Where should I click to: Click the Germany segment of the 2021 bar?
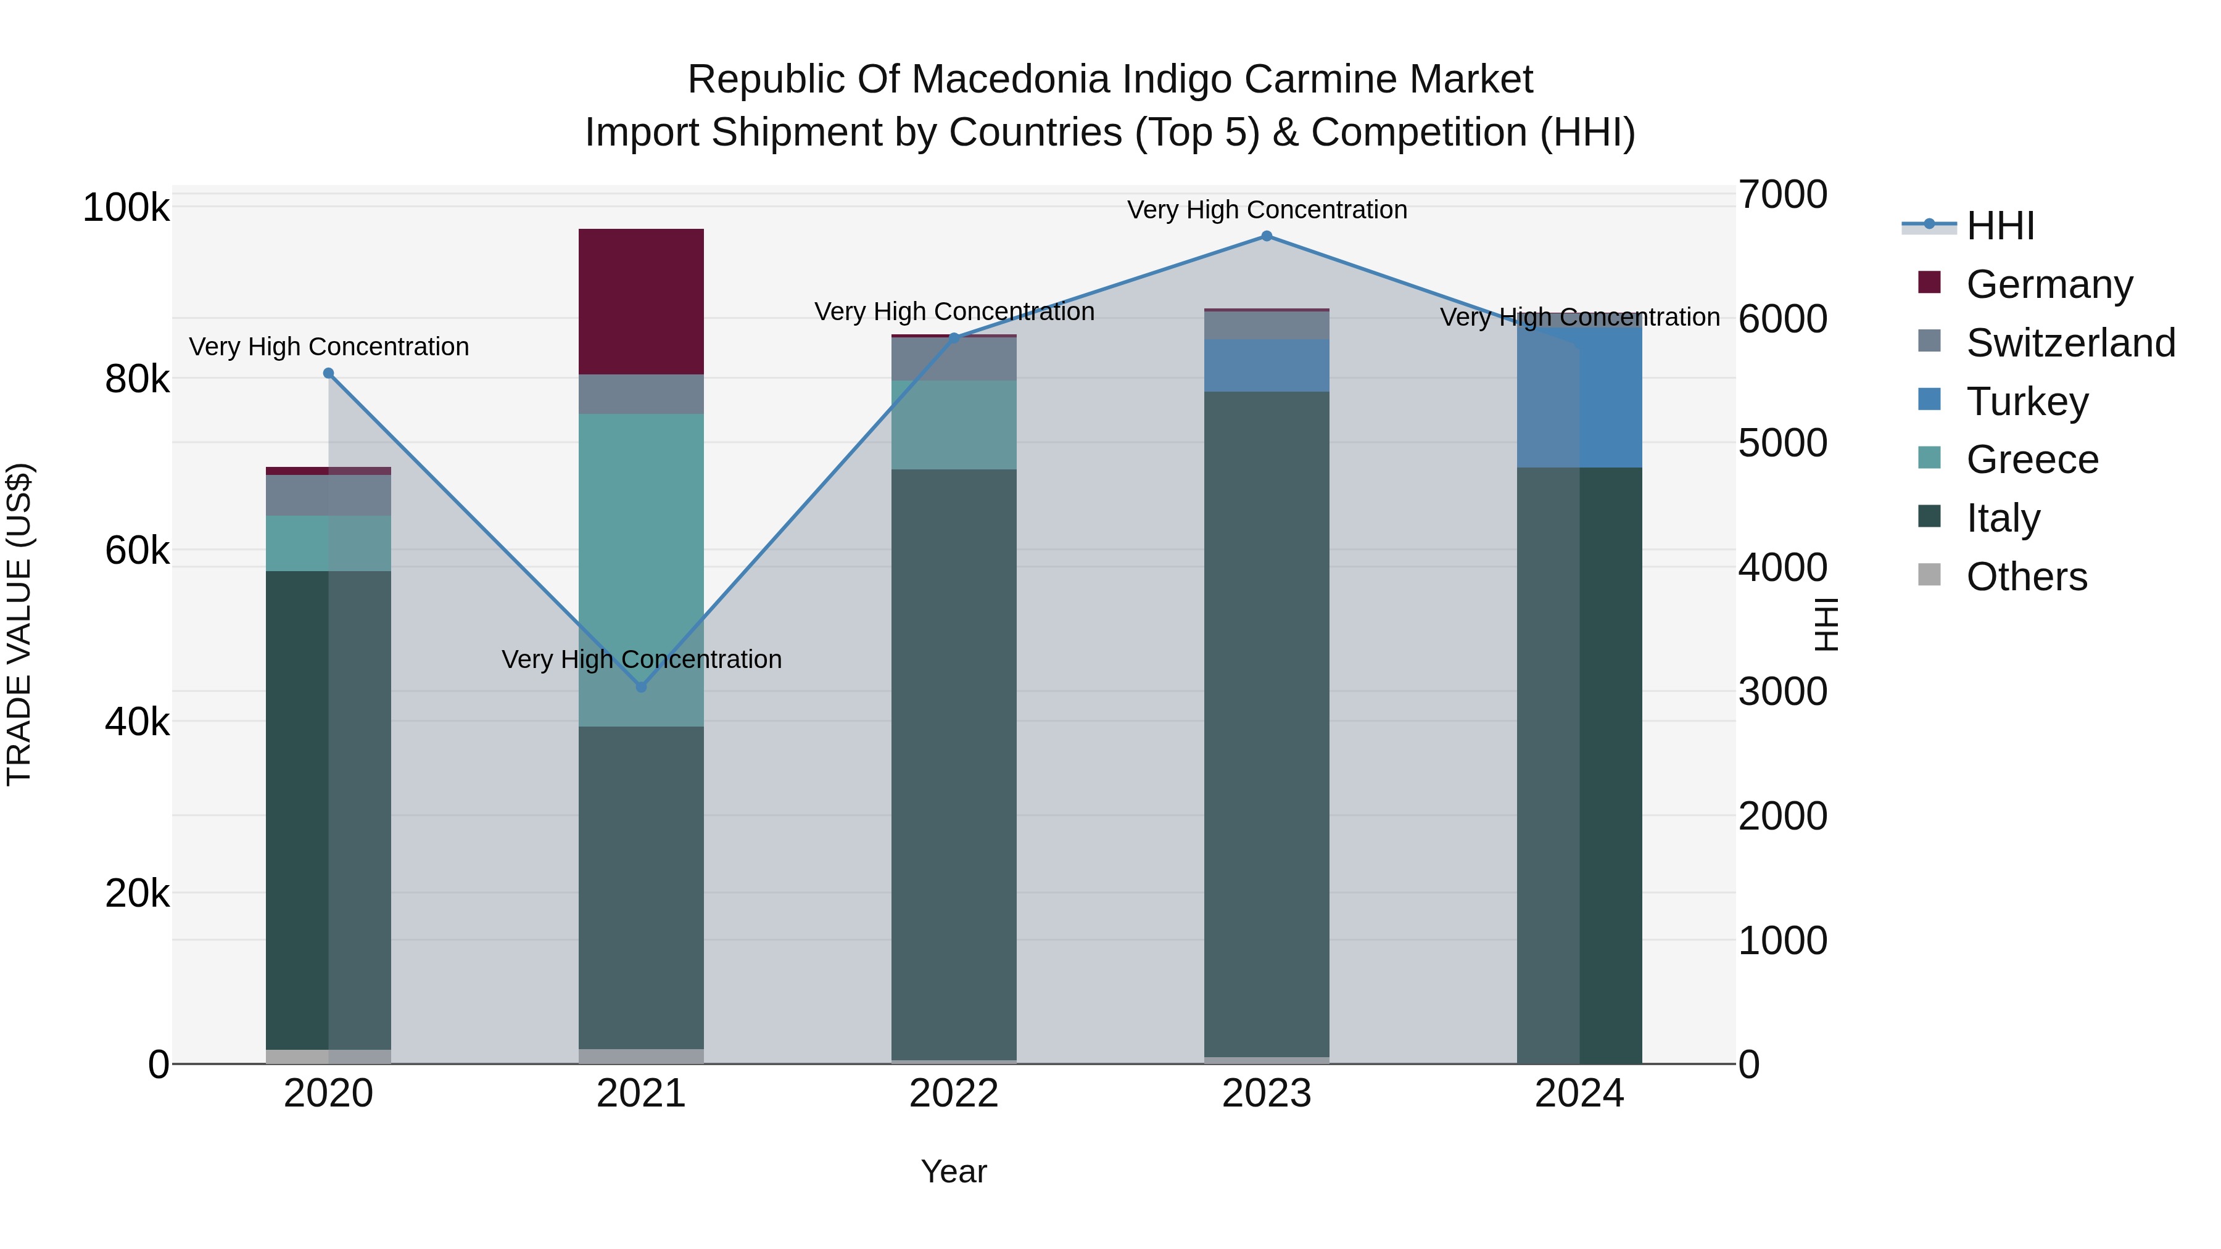[640, 301]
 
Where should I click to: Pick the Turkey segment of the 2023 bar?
[1266, 366]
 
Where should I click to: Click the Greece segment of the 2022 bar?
[954, 425]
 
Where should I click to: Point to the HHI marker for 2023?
[1266, 236]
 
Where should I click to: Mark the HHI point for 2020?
[328, 373]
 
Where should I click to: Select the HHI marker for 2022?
[954, 338]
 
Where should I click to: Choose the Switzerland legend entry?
[2070, 343]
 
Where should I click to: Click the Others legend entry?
[2026, 577]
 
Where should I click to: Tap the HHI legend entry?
[2000, 226]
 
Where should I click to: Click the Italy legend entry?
[2003, 518]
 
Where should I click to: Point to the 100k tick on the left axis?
[126, 208]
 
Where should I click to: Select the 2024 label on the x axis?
[1579, 1094]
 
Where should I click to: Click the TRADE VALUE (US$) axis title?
[19, 624]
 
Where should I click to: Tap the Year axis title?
[954, 1171]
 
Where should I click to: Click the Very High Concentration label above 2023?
[1266, 210]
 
